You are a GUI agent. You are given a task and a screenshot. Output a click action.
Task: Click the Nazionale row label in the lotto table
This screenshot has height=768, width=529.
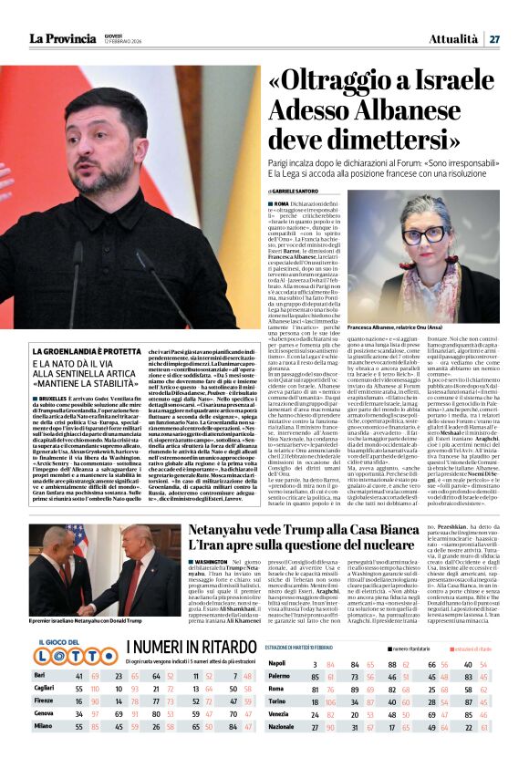pyautogui.click(x=285, y=751)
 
